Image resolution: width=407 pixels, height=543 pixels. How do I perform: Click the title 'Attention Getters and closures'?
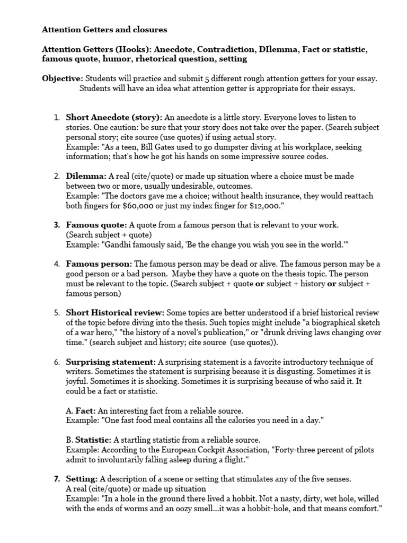(104, 30)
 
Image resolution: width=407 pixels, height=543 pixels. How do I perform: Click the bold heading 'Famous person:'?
(99, 264)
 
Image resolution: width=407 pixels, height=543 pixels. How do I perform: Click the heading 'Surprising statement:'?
(111, 362)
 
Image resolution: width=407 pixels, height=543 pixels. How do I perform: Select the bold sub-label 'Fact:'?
(85, 410)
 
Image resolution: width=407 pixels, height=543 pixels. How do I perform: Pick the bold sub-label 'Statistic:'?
(93, 440)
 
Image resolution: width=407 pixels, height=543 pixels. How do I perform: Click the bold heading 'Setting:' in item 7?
(82, 479)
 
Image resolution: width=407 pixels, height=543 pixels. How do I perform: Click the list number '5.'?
(57, 312)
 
